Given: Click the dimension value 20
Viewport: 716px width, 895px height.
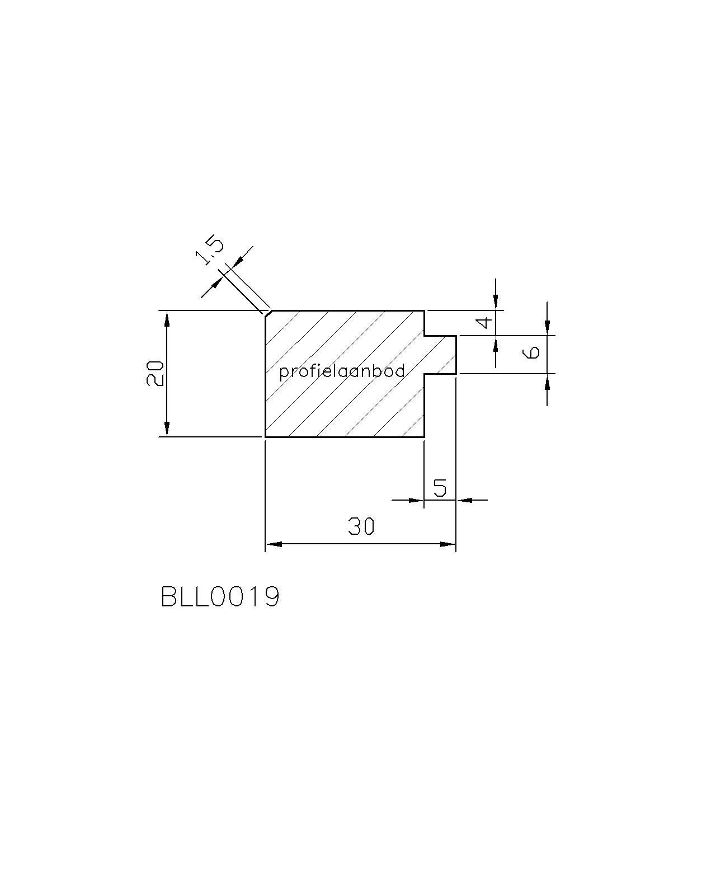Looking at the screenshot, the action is [x=155, y=373].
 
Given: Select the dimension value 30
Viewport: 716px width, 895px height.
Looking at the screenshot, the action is [x=361, y=526].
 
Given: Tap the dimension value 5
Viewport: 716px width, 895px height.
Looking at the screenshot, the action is [x=440, y=487].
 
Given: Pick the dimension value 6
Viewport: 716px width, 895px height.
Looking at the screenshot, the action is [x=531, y=352].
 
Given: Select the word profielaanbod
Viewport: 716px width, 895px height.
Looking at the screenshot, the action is [x=342, y=371].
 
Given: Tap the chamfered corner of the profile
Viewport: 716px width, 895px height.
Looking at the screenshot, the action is [x=268, y=313].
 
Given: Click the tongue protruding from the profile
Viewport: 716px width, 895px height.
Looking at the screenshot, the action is [x=440, y=355].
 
